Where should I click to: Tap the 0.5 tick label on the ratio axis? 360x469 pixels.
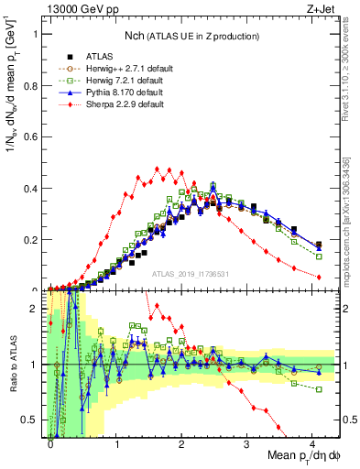[34, 420]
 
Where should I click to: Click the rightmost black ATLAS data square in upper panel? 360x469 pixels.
[318, 245]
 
